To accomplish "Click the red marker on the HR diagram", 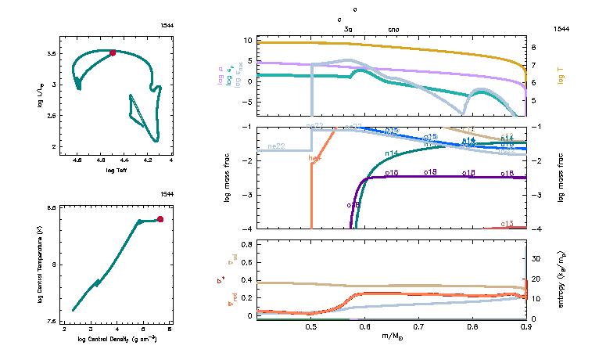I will click(113, 52).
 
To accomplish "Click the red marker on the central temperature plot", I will click(160, 219).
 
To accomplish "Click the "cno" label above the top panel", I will click(393, 29).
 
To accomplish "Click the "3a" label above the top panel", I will click(349, 29).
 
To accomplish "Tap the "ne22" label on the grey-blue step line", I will click(275, 146).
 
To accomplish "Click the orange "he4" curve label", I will click(315, 158).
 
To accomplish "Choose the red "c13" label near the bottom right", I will click(507, 224).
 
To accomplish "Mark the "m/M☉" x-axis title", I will click(391, 336).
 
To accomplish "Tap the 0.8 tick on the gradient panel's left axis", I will click(246, 245).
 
